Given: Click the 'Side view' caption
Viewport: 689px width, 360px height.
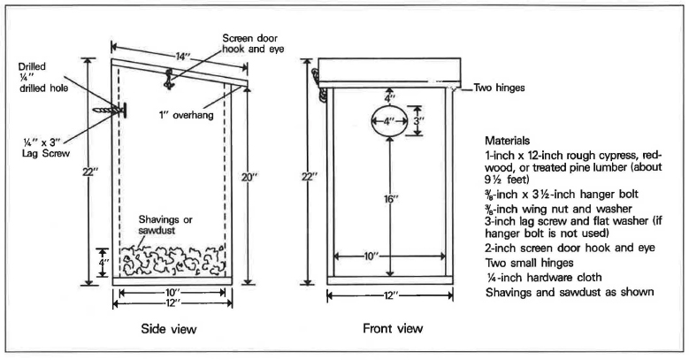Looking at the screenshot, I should coord(168,329).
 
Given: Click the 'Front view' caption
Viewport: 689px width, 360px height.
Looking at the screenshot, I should coord(393,329).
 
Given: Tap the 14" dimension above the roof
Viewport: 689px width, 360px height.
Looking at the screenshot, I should coord(181,56).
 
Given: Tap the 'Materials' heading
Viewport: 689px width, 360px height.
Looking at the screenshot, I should coord(509,140).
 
